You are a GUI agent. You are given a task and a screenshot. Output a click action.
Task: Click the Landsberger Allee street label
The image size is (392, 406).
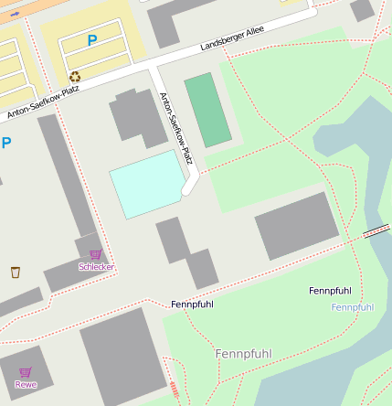233,38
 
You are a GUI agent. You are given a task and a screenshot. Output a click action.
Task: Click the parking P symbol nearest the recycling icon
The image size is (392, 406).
91,40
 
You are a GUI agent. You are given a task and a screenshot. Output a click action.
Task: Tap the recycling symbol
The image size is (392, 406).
75,77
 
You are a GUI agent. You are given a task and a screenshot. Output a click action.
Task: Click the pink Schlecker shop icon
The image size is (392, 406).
95,254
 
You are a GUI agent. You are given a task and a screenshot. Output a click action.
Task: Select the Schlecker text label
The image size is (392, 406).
96,266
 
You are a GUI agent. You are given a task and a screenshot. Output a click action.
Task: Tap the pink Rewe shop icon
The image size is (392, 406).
25,372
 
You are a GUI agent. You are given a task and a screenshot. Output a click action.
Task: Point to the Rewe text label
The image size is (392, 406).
26,384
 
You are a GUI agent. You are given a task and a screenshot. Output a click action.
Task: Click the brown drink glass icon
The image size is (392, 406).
15,272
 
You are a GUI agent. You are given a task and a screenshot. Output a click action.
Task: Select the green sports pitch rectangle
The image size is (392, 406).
208,111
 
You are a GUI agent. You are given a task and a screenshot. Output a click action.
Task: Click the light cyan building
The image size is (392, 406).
146,184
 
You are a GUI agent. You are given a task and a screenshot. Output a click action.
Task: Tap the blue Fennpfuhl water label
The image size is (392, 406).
352,307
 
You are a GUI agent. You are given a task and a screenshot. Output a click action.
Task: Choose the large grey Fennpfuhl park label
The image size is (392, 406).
243,353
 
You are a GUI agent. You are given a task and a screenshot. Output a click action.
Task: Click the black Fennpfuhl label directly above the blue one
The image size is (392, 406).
330,291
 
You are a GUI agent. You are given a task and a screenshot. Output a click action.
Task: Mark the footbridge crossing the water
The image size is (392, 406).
376,233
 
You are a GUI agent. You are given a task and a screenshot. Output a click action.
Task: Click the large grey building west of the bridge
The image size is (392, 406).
297,226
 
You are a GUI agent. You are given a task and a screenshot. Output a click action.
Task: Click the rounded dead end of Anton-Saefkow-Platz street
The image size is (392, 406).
189,190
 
